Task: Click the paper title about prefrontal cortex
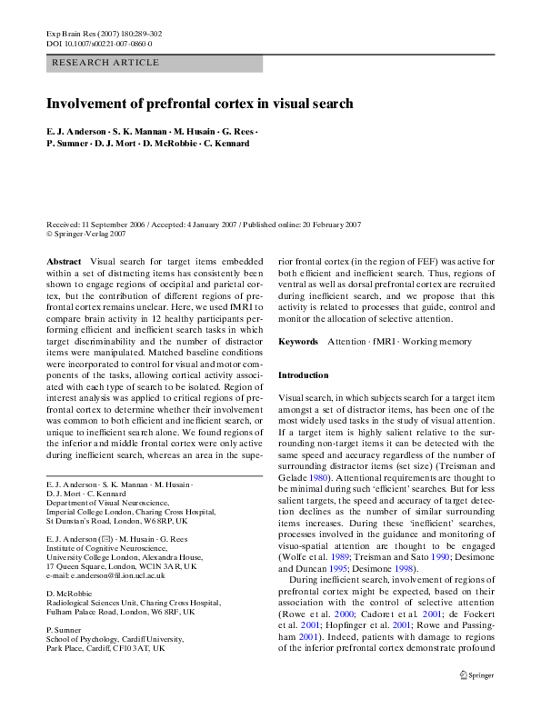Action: click(199, 104)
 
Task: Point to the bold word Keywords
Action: click(298, 342)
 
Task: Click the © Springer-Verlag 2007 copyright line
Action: click(85, 234)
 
